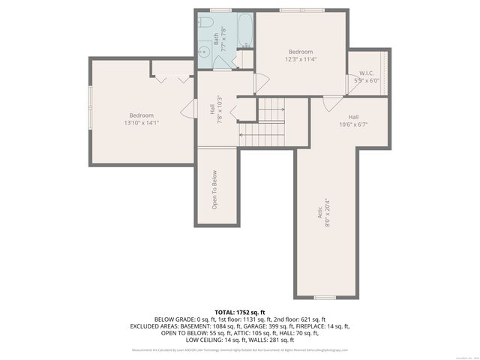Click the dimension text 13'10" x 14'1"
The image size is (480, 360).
(142, 122)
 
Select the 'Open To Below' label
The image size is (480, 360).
(215, 188)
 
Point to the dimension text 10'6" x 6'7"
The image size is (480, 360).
(353, 124)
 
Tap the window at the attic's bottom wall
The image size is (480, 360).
(325, 297)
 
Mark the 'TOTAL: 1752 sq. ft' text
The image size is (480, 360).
(240, 311)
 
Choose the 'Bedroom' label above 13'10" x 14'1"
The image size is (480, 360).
(141, 115)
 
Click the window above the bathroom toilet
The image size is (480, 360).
(220, 10)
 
